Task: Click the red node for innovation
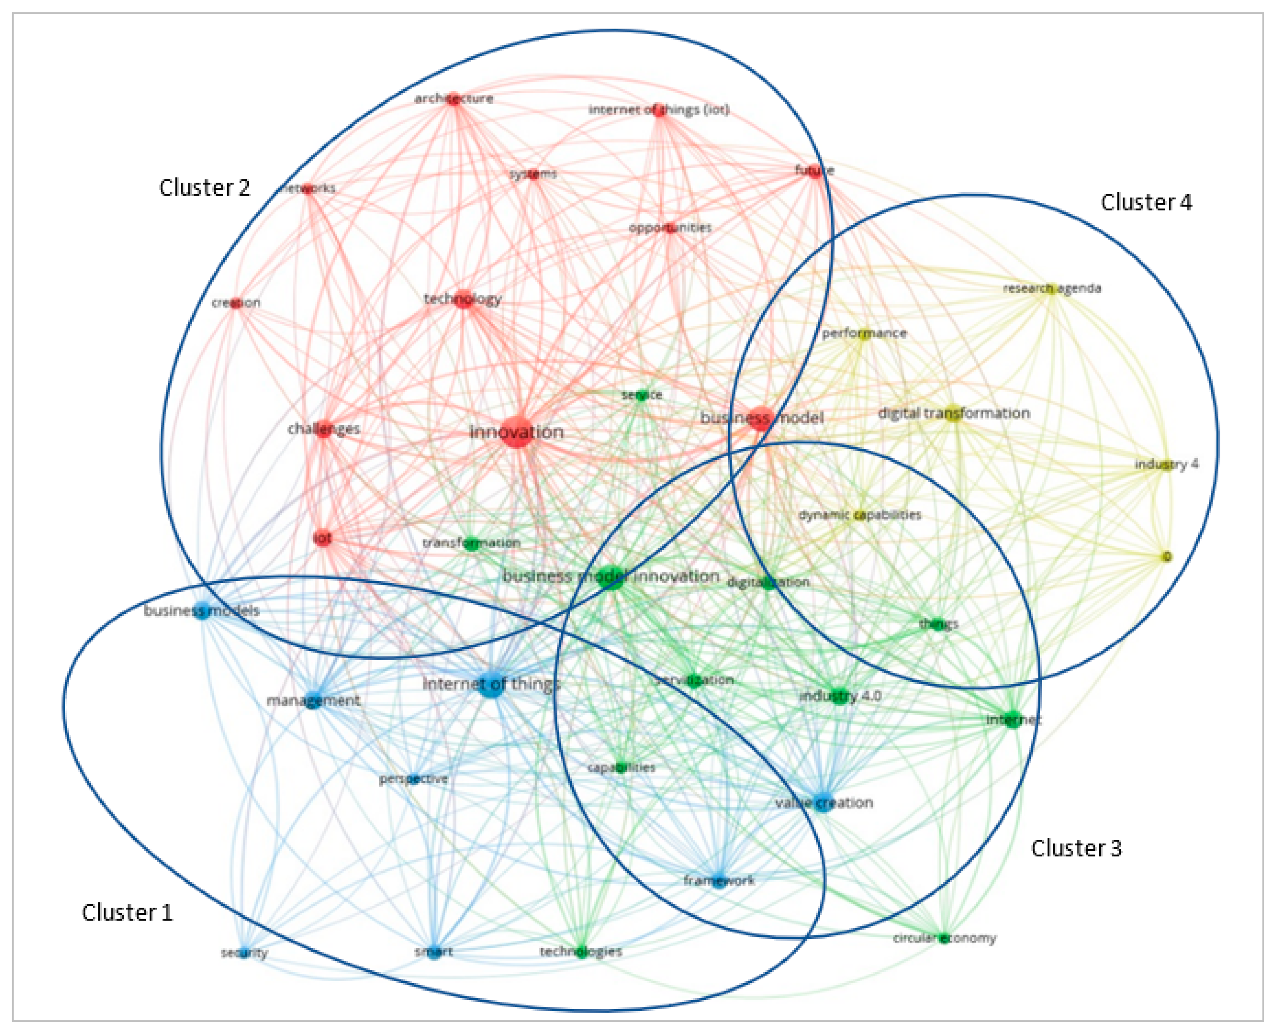[516, 433]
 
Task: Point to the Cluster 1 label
[127, 912]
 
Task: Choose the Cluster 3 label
[1076, 848]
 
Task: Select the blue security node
[243, 953]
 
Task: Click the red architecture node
[454, 99]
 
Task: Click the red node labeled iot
[323, 538]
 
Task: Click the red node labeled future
[814, 171]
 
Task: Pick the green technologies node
[581, 952]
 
